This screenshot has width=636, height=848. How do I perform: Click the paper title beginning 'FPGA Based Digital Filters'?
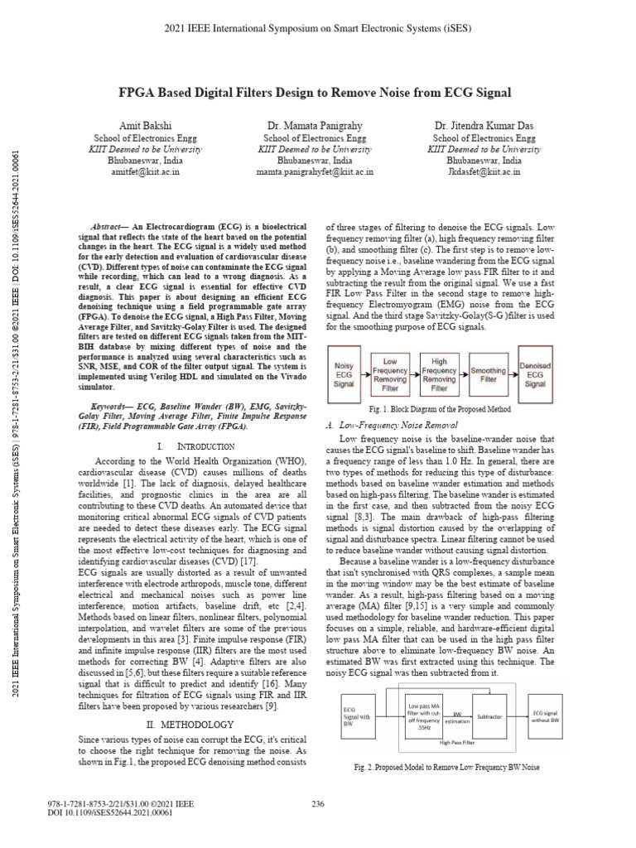pyautogui.click(x=318, y=92)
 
